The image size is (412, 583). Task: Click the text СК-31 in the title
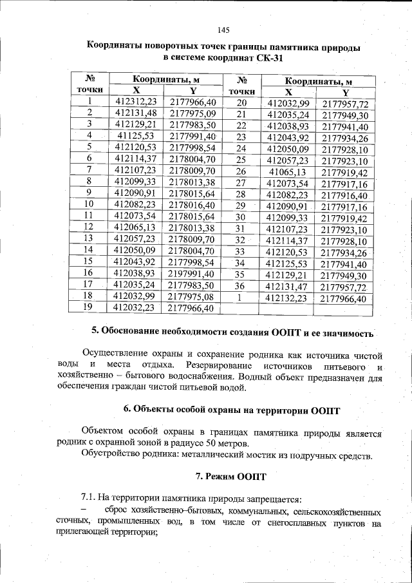(x=268, y=58)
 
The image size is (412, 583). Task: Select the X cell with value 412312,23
(x=135, y=102)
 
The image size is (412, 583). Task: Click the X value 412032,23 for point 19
(x=135, y=308)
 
